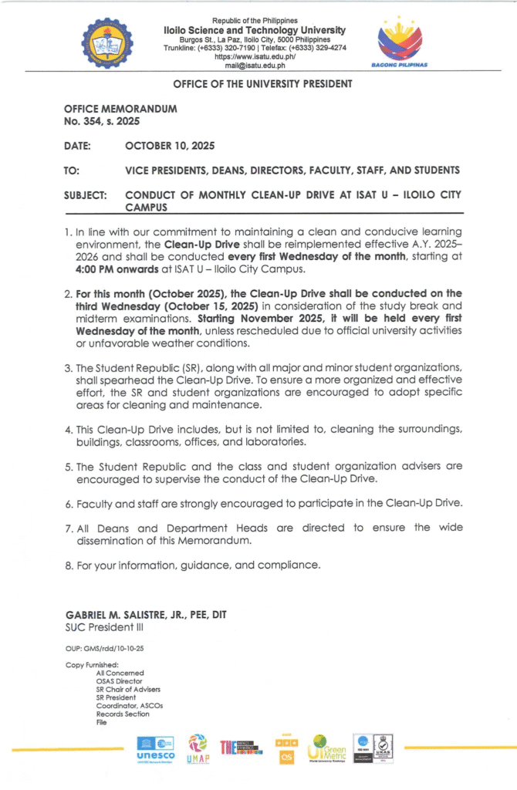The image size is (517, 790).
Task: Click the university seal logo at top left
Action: click(x=107, y=43)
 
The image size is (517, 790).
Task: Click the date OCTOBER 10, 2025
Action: click(x=170, y=146)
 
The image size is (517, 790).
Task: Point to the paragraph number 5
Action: click(x=69, y=466)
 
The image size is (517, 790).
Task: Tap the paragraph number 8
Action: click(x=69, y=565)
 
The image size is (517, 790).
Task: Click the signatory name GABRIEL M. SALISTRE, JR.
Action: click(x=126, y=614)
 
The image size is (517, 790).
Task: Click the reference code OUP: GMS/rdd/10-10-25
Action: click(x=104, y=649)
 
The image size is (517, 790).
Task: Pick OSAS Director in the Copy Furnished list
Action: click(x=119, y=681)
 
